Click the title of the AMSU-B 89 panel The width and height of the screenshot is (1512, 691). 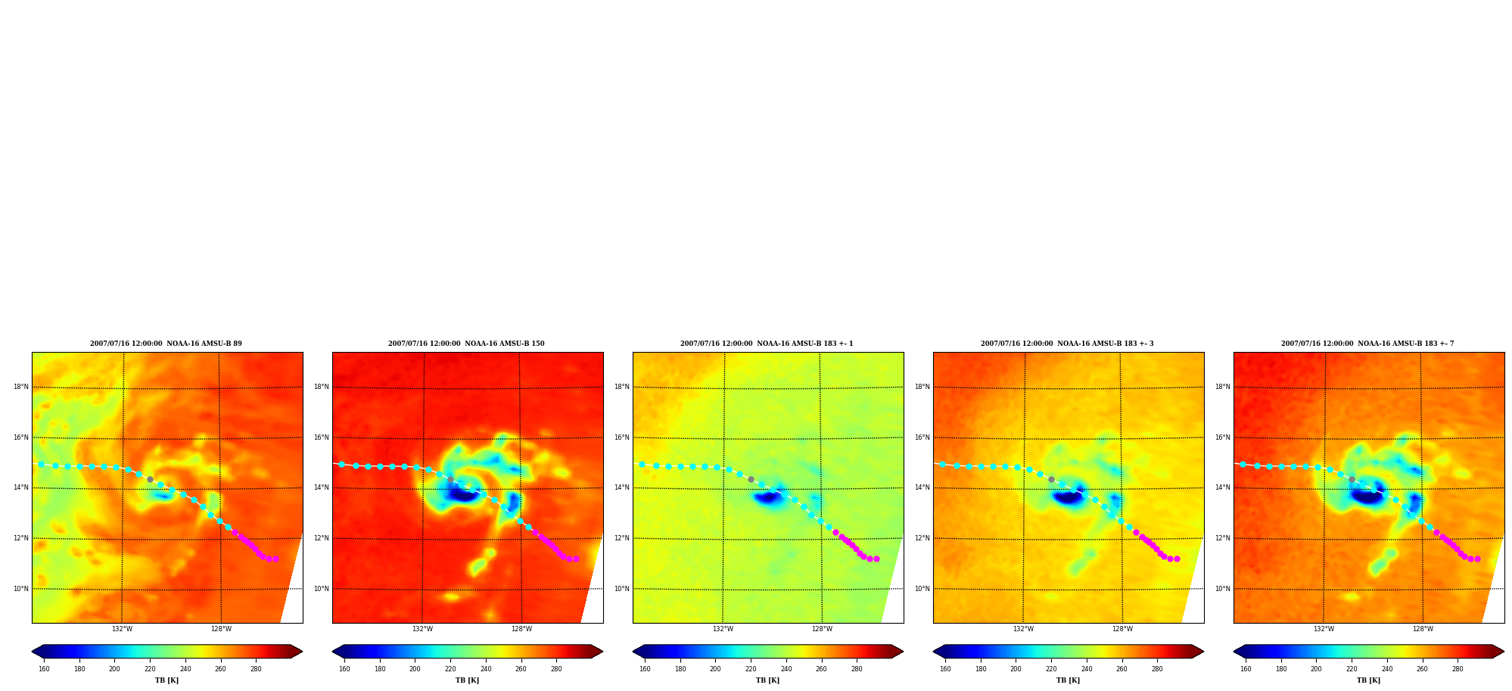[x=166, y=344]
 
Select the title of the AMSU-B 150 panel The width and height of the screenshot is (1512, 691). [x=466, y=344]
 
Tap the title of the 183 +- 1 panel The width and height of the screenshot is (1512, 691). [x=767, y=344]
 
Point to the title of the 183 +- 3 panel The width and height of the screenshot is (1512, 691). [x=1067, y=344]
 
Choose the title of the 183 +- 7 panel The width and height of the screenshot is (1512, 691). [x=1367, y=344]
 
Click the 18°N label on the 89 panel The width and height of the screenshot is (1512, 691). [x=20, y=387]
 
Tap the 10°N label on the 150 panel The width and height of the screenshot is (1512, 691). [x=322, y=589]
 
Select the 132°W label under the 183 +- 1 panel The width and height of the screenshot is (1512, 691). [x=723, y=629]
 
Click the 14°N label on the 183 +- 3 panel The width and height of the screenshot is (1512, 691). [x=922, y=487]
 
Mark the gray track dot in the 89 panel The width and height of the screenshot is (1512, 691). [x=150, y=479]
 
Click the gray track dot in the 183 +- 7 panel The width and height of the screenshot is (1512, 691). [x=1352, y=479]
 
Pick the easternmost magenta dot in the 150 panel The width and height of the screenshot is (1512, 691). [x=576, y=559]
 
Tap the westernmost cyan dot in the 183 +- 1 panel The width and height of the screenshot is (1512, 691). [x=642, y=464]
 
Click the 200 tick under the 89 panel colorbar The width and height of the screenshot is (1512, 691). [x=114, y=669]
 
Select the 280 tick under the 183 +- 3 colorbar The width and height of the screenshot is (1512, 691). [x=1157, y=669]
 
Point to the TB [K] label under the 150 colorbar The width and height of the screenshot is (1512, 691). [x=467, y=680]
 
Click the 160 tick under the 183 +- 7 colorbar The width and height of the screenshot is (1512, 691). [x=1246, y=669]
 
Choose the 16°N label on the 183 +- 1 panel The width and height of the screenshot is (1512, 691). [x=622, y=437]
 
